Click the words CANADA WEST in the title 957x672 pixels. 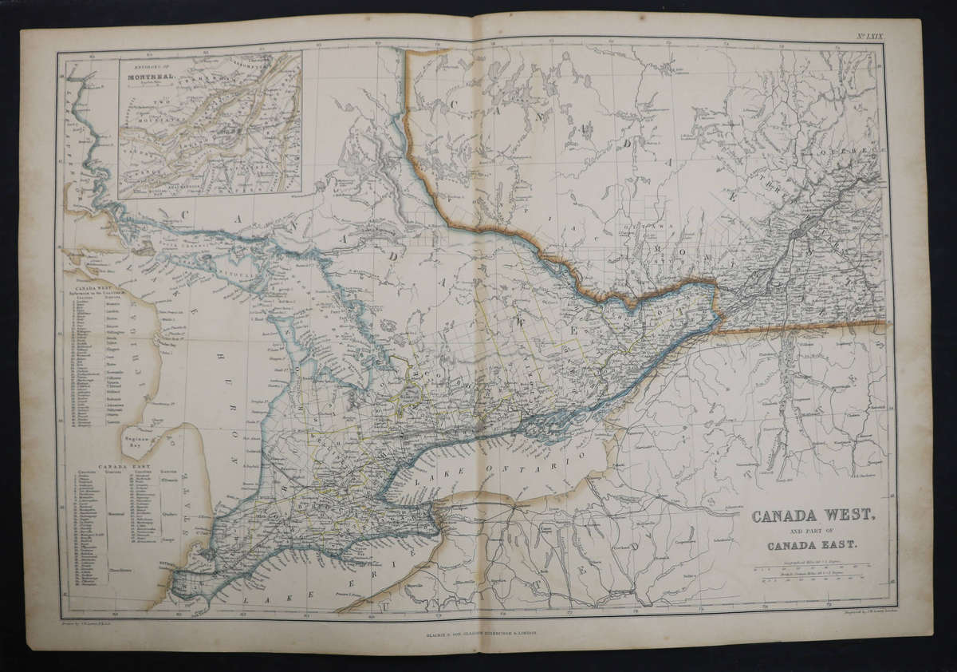[x=813, y=516]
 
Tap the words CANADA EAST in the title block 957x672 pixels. [x=813, y=546]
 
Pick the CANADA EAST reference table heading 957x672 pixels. [x=120, y=465]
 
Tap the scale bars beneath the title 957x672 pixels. [x=813, y=575]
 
